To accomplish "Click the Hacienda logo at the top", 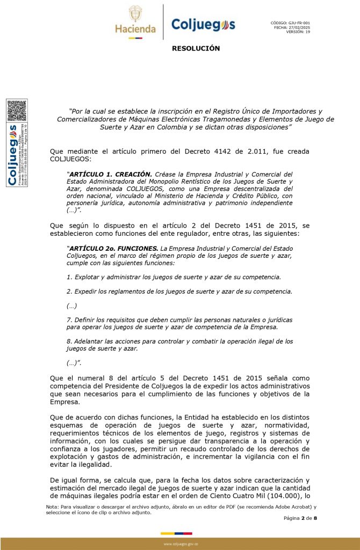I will click(x=135, y=21).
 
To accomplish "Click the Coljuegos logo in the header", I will click(x=203, y=24).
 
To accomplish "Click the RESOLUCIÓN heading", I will click(x=196, y=49).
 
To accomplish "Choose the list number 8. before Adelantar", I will click(x=69, y=341).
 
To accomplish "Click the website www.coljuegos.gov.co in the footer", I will click(x=181, y=544).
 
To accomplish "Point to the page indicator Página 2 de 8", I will click(x=300, y=518).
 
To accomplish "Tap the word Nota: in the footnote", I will click(x=52, y=506).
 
